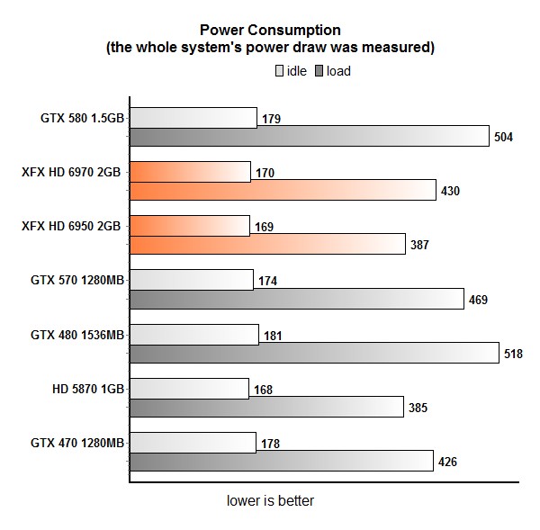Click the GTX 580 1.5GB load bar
[x=310, y=137]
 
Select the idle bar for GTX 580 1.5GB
[x=193, y=118]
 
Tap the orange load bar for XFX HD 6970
[x=283, y=191]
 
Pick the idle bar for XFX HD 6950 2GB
[x=190, y=226]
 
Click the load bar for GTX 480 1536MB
[x=314, y=353]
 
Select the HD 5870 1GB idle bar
[x=189, y=388]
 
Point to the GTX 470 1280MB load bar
[x=282, y=461]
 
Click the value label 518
[x=513, y=354]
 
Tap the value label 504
[x=504, y=138]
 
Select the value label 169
[x=263, y=227]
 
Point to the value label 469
[x=478, y=300]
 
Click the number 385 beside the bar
[x=417, y=408]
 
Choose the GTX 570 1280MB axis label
[x=77, y=280]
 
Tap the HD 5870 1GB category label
[x=88, y=388]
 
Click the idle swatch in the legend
[x=280, y=71]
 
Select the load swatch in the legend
[x=320, y=71]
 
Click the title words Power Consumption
[x=270, y=31]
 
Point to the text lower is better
[x=270, y=500]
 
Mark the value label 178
[x=270, y=443]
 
